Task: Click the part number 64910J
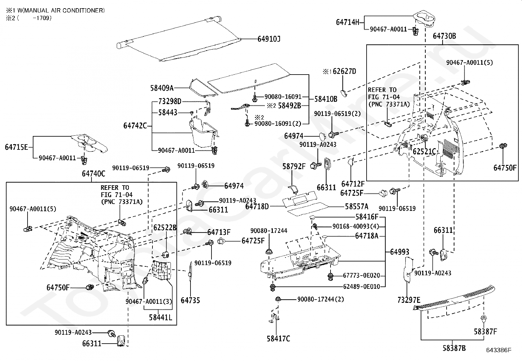point(269,39)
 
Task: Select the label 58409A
point(162,88)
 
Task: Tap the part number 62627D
point(344,71)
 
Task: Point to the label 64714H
point(348,22)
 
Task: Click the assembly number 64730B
point(444,36)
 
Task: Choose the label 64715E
point(16,147)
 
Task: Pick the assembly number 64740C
point(93,174)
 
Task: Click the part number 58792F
point(294,167)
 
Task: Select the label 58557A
point(356,207)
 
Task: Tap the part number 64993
point(400,252)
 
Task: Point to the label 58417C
point(278,339)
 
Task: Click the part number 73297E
point(409,300)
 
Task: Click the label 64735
point(190,300)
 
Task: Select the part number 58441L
point(160,317)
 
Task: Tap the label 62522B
point(165,228)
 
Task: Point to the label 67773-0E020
point(361,276)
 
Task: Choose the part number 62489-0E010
point(361,286)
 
